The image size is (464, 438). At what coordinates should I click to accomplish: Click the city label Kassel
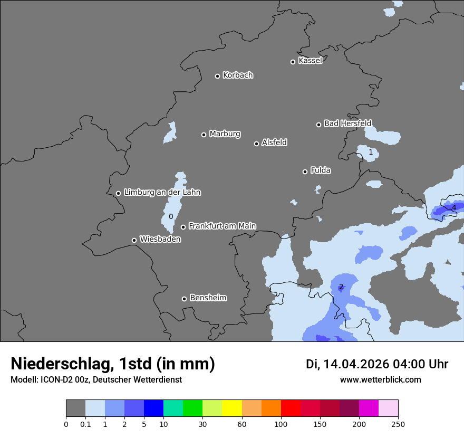tap(310, 61)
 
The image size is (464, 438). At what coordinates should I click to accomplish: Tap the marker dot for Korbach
tap(217, 76)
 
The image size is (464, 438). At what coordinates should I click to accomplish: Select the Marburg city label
tap(225, 134)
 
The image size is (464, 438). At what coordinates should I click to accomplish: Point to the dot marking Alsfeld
tap(256, 144)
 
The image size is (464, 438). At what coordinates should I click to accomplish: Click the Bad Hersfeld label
tap(347, 123)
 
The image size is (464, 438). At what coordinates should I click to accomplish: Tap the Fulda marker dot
tap(305, 172)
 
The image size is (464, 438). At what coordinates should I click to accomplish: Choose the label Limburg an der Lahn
tap(162, 193)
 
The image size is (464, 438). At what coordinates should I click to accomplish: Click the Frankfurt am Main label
tap(222, 226)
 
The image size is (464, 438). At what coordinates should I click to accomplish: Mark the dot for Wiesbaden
tap(134, 240)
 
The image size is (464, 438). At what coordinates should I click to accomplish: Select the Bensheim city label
tap(208, 298)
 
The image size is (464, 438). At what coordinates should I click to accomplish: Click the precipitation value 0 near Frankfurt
tap(171, 217)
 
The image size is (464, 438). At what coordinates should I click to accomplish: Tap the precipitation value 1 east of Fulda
tap(371, 153)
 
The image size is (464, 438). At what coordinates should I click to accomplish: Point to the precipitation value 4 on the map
tap(453, 208)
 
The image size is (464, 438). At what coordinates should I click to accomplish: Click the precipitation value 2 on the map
tap(341, 287)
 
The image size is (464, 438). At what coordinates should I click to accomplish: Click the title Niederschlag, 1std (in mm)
tap(113, 364)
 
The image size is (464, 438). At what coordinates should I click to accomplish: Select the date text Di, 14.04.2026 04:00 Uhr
tap(377, 364)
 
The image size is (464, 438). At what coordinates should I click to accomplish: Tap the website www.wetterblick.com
tap(380, 380)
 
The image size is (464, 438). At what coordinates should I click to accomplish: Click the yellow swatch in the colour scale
tap(232, 408)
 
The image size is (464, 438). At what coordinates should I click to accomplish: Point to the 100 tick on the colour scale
tap(281, 424)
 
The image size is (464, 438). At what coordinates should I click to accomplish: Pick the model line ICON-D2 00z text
tap(96, 380)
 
